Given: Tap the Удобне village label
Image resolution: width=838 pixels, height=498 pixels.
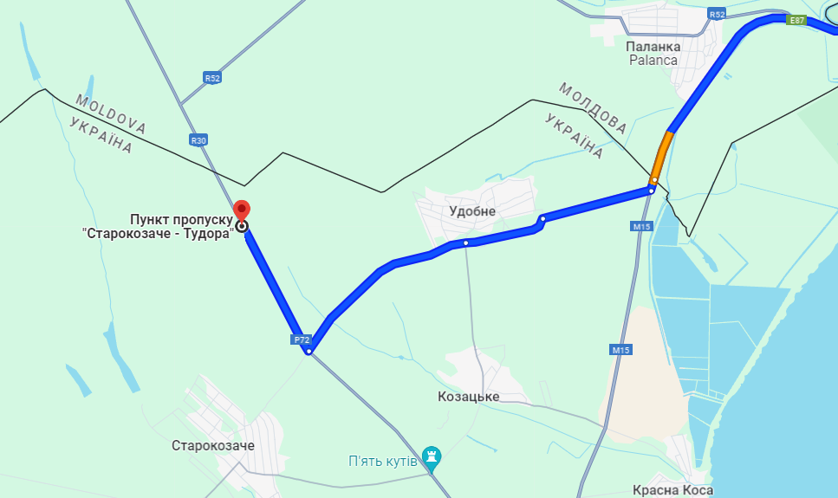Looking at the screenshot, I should (x=472, y=211).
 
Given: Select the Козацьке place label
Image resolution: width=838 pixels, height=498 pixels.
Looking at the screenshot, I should (x=469, y=397).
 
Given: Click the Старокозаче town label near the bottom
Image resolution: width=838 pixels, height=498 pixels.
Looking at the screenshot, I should (x=213, y=445).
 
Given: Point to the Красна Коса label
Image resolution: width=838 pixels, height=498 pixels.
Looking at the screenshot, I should (x=672, y=490).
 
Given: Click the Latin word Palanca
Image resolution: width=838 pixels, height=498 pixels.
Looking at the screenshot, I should (x=653, y=60).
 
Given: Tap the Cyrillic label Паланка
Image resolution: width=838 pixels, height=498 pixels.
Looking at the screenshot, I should (x=653, y=45).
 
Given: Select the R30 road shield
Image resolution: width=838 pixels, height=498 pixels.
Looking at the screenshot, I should (x=198, y=140).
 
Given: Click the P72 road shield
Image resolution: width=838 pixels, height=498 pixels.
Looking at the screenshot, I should (x=302, y=340).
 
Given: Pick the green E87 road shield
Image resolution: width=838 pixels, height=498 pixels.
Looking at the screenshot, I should (x=796, y=19).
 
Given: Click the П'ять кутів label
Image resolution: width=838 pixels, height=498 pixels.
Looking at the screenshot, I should (x=382, y=460).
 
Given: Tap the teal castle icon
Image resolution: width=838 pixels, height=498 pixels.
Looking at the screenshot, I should (x=432, y=456).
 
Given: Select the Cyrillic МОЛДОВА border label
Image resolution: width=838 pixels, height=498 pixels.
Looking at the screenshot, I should (x=592, y=107).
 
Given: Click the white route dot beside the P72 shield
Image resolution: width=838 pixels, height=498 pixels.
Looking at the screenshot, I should (x=309, y=351).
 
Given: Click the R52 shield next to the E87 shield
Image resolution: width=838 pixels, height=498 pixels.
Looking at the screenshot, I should (x=716, y=15).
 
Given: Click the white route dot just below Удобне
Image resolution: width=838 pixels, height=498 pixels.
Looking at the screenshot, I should (x=465, y=243).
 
